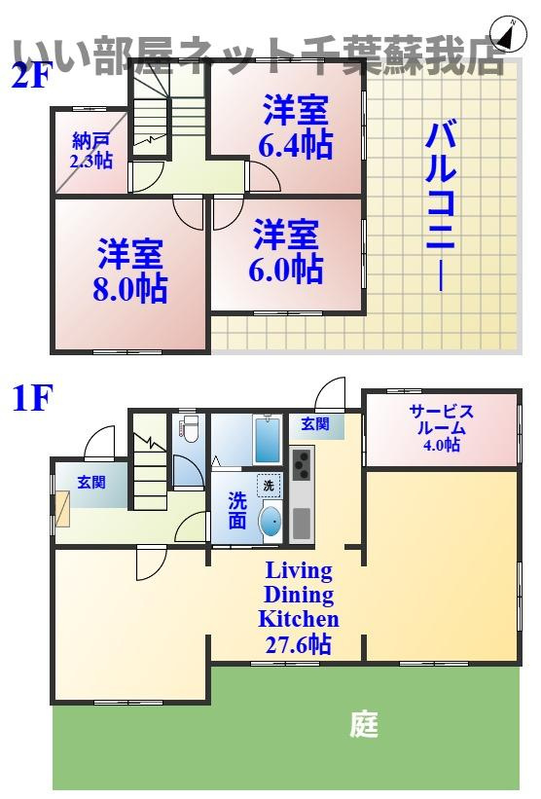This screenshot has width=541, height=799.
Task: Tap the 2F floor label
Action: click(30, 75)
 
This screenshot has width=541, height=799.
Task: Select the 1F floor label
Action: click(30, 399)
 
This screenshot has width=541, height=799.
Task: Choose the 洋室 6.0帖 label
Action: click(288, 250)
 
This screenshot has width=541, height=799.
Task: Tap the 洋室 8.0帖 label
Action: click(130, 272)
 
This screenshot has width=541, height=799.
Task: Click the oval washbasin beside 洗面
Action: click(270, 523)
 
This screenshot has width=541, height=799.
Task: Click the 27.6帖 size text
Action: click(297, 643)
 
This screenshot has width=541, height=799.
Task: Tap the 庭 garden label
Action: click(364, 725)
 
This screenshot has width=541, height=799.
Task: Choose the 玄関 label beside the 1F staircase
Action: click(92, 482)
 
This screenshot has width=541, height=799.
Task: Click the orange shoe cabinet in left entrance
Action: click(62, 509)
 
